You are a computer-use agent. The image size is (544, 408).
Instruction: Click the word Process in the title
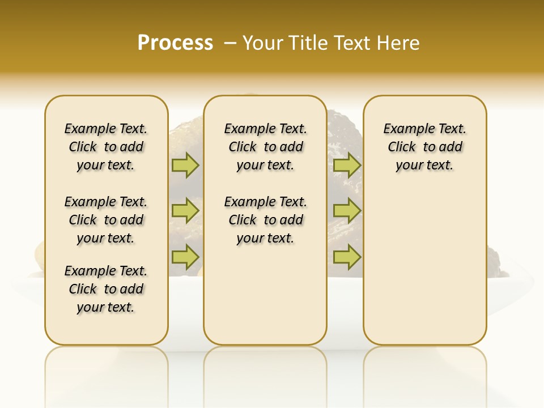click(x=175, y=42)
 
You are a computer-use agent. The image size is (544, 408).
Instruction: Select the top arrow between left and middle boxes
click(x=185, y=165)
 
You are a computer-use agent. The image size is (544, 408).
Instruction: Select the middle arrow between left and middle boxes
click(x=185, y=211)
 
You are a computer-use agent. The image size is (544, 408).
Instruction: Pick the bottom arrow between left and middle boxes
click(x=185, y=257)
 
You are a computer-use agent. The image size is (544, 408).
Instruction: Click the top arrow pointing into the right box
click(x=347, y=165)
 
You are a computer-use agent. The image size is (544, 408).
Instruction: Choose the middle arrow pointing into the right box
click(x=347, y=211)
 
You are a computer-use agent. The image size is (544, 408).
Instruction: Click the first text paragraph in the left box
click(x=106, y=147)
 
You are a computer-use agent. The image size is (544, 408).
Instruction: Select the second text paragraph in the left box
click(x=106, y=220)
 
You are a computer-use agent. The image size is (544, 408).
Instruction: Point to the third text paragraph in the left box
click(x=106, y=289)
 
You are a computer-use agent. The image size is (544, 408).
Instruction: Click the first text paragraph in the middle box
click(x=265, y=147)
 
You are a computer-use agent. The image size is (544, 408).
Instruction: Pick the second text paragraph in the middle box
click(x=265, y=220)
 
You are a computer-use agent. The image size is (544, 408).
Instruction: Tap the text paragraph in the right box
click(x=424, y=147)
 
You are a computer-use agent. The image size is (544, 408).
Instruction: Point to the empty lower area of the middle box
click(x=265, y=295)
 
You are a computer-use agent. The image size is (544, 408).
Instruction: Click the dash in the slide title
click(x=231, y=42)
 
